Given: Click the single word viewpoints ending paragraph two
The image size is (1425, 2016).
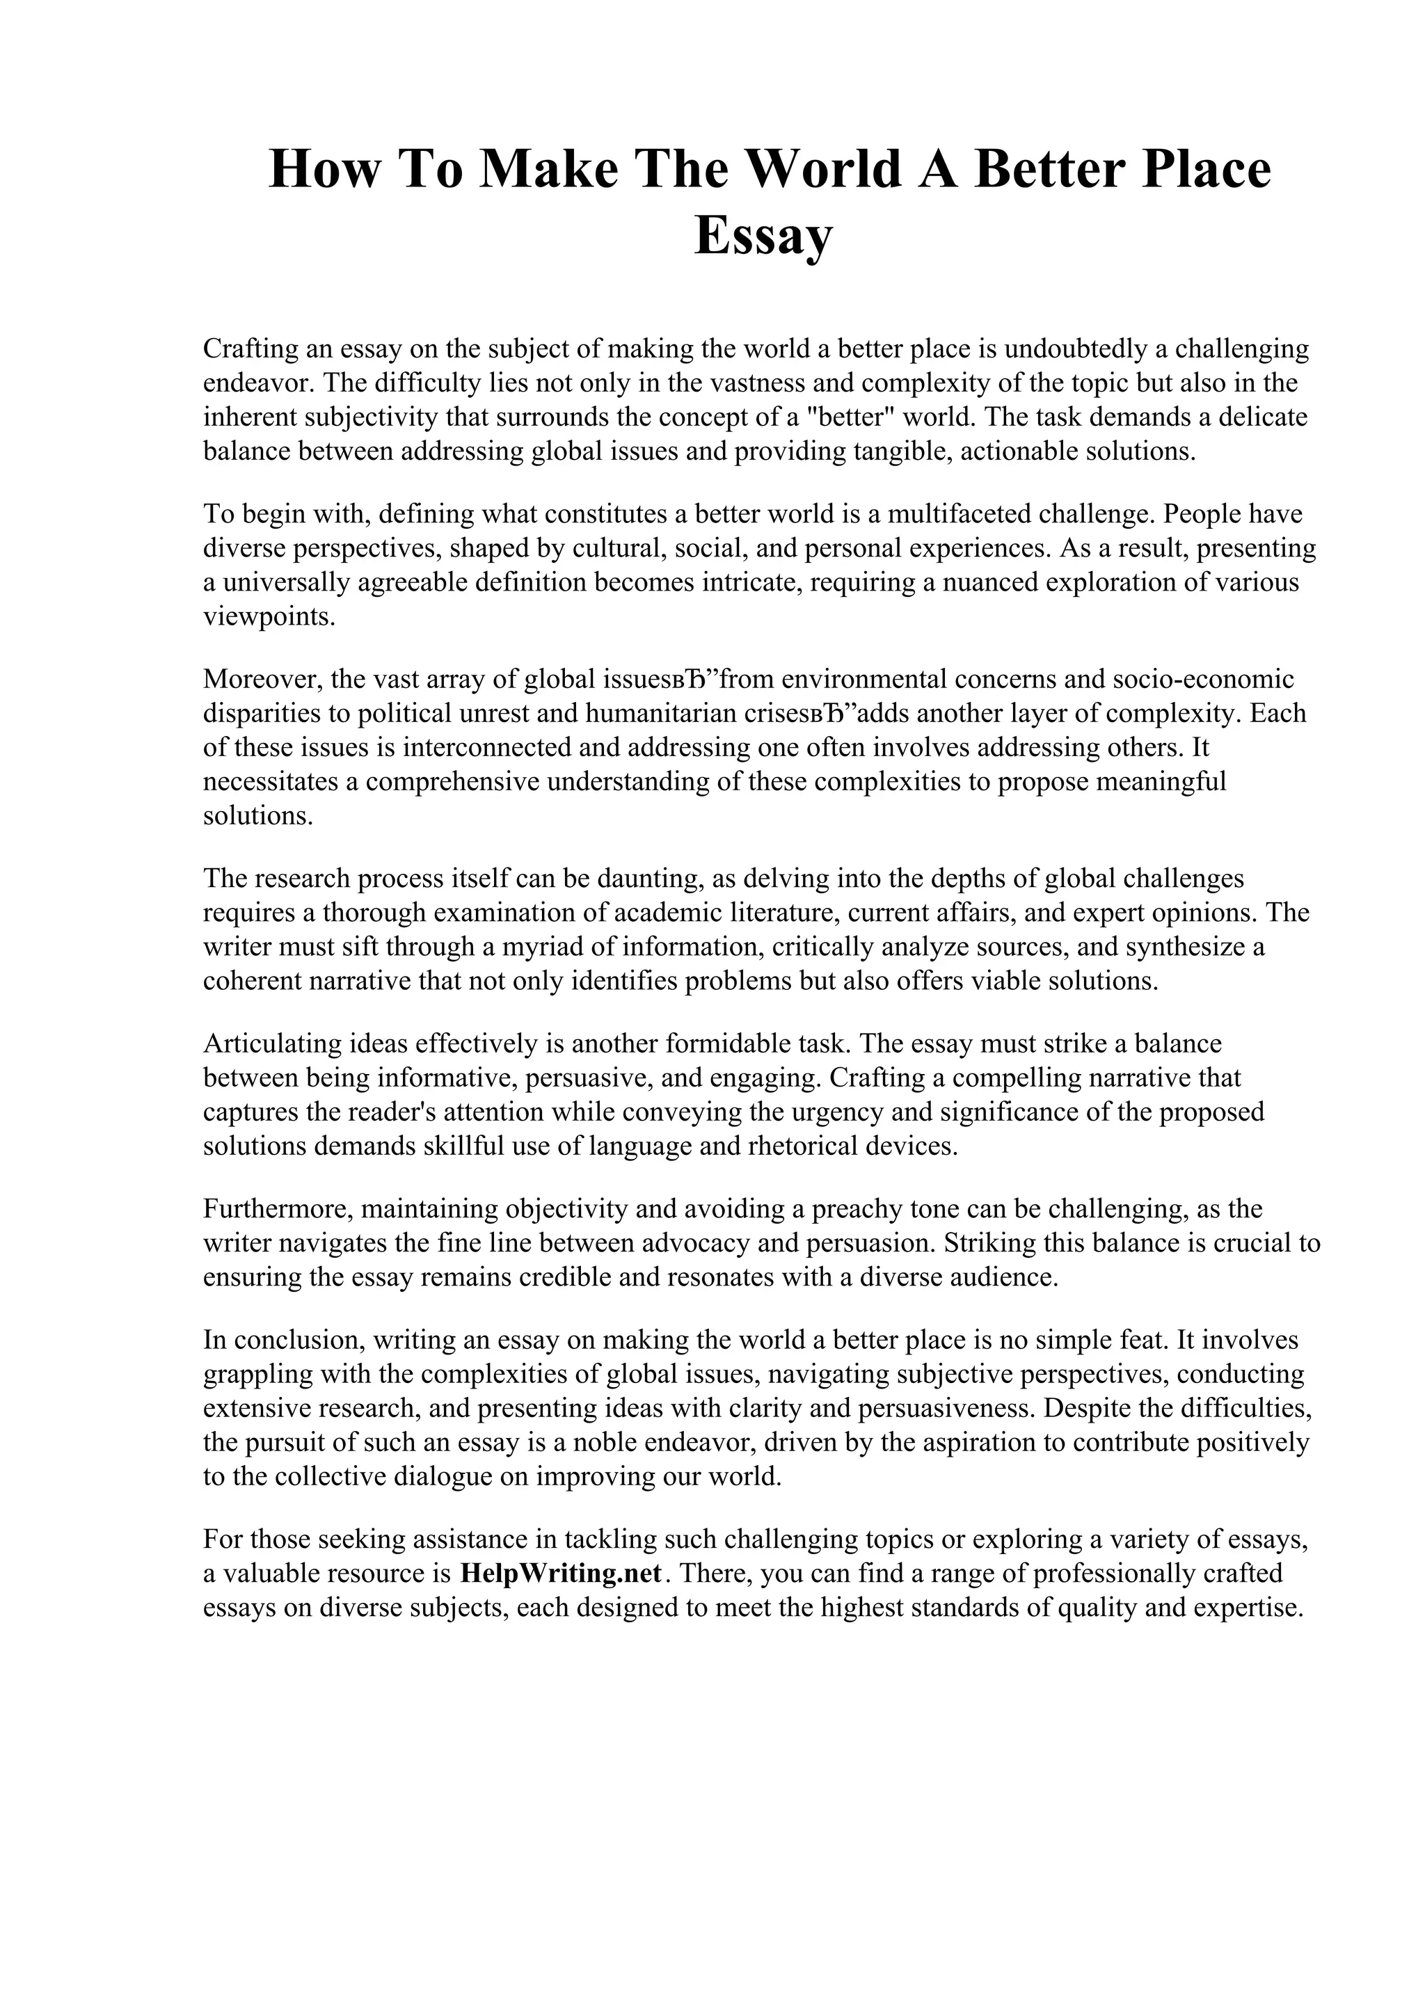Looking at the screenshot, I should click(257, 616).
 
